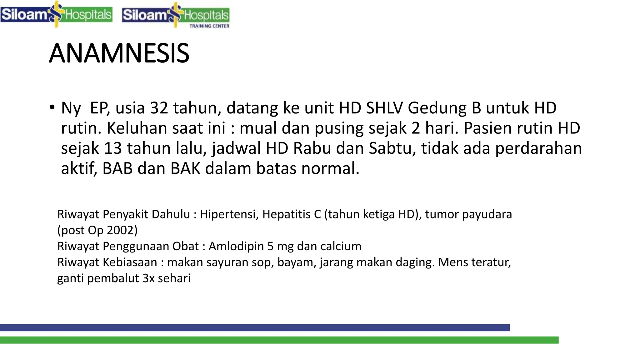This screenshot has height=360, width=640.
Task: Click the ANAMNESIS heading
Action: click(119, 53)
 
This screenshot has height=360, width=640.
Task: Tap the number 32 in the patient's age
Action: click(159, 108)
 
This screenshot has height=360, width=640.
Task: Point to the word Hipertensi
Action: click(229, 214)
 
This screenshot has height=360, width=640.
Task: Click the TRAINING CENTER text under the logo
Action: click(209, 26)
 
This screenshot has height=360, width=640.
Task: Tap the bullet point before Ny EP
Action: click(52, 107)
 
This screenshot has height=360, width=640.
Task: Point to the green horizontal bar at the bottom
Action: click(279, 340)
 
